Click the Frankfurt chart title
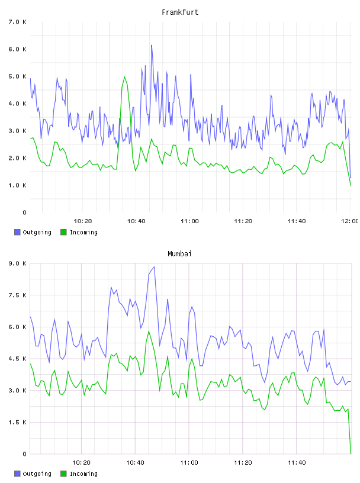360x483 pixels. tap(180, 12)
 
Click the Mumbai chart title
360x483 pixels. tap(179, 253)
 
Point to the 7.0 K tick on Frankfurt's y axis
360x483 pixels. tap(17, 22)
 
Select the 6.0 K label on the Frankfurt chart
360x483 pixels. tap(17, 49)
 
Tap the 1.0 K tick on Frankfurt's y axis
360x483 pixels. tap(17, 185)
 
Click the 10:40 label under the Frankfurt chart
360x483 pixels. tap(136, 221)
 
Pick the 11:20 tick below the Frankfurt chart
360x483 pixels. tap(243, 221)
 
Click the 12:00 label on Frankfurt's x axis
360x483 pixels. tap(351, 221)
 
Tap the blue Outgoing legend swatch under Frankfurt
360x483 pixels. tap(17, 232)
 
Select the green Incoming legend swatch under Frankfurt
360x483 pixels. tap(63, 232)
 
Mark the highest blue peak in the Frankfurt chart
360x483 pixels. tap(152, 45)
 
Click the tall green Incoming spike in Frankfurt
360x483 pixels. tap(124, 77)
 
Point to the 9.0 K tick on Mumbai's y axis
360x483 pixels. tap(17, 263)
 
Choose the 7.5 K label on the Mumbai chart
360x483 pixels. tap(17, 295)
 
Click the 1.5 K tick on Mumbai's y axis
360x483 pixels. tap(17, 422)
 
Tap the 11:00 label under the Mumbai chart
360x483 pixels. tap(189, 462)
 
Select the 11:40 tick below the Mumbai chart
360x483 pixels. tap(297, 462)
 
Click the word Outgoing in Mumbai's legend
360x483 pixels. tap(37, 474)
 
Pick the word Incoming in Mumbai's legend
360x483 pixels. tap(83, 474)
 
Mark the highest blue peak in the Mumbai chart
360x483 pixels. tap(154, 267)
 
